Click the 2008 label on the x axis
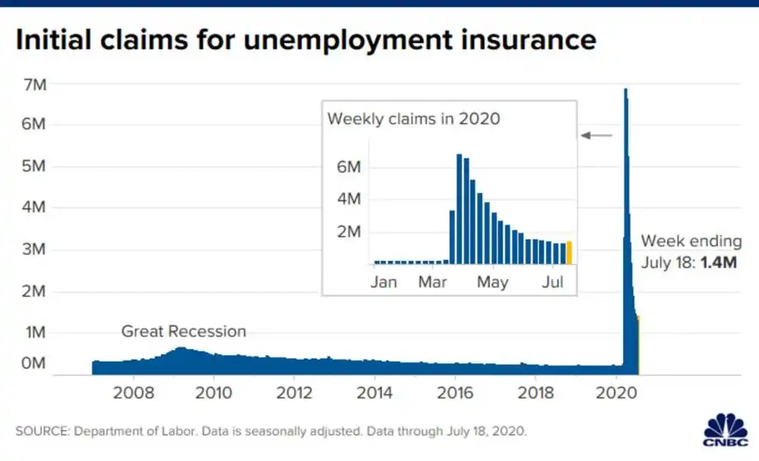[134, 394]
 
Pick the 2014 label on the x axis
[374, 394]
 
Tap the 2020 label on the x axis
[616, 394]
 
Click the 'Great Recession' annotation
[184, 331]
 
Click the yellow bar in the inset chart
[568, 252]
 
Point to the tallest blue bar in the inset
[459, 209]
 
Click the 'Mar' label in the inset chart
[433, 283]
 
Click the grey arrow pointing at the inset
[597, 135]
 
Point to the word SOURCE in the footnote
[41, 431]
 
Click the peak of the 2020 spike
[625, 91]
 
